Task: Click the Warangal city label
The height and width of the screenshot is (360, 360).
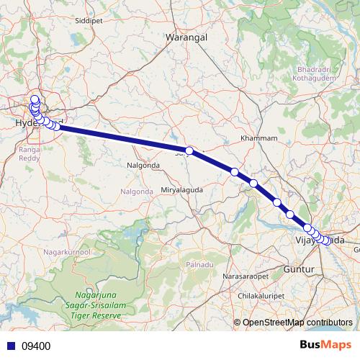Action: [x=186, y=36]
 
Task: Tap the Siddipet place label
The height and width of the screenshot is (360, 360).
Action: [x=89, y=21]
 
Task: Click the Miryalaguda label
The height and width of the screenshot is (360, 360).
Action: [x=182, y=189]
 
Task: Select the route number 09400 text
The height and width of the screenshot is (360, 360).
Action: [x=35, y=346]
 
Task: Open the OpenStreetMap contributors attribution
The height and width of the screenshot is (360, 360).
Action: [x=297, y=322]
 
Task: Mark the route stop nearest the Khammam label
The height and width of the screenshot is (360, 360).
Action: [x=235, y=171]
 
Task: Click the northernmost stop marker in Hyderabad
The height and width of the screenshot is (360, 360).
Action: [x=34, y=99]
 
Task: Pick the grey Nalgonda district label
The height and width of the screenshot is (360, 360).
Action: [x=136, y=192]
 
